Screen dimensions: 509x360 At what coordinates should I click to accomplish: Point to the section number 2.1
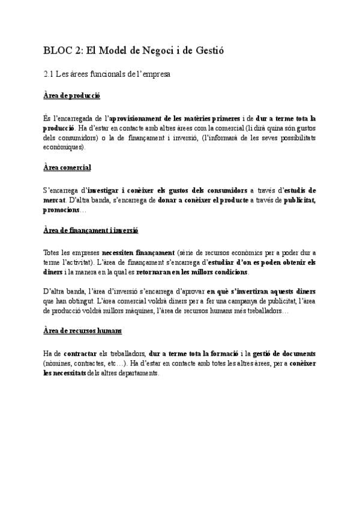[50, 75]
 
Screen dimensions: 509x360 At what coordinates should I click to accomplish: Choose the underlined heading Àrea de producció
[72, 95]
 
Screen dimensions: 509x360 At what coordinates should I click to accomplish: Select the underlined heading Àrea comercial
[67, 167]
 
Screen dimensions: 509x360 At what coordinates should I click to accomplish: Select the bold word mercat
[54, 200]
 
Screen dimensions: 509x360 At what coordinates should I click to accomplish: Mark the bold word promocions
[61, 209]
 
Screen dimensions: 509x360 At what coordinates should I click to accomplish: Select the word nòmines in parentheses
[58, 364]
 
